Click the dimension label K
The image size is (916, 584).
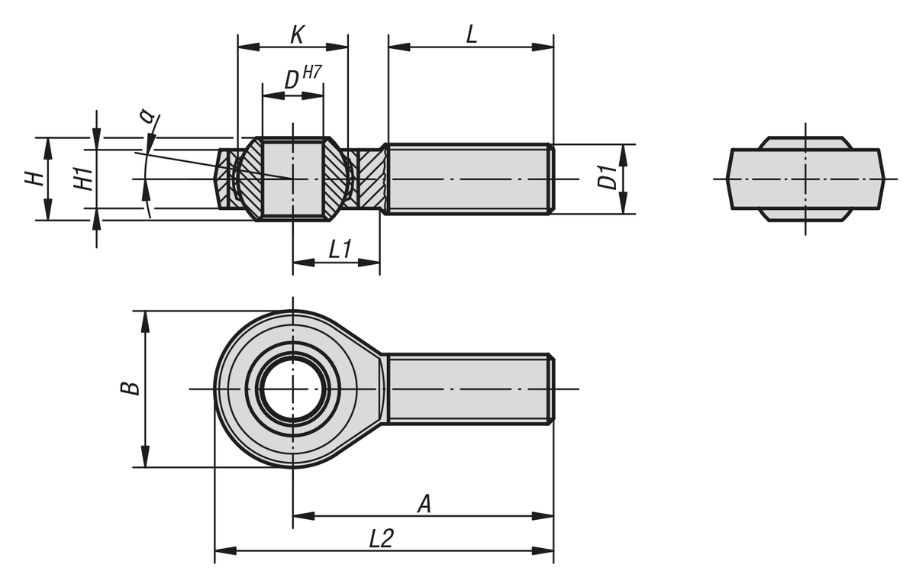coord(298,34)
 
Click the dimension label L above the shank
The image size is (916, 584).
coord(472,34)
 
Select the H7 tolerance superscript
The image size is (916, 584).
coord(312,73)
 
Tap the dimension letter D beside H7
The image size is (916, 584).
coord(291,80)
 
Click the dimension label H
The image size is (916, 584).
coord(33,179)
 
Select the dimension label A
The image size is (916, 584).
coord(424,503)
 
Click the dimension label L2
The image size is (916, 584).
coord(381,538)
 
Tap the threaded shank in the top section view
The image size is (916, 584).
coord(467,179)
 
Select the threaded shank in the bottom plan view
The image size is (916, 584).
coord(467,389)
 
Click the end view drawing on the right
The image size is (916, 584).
coord(805,179)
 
